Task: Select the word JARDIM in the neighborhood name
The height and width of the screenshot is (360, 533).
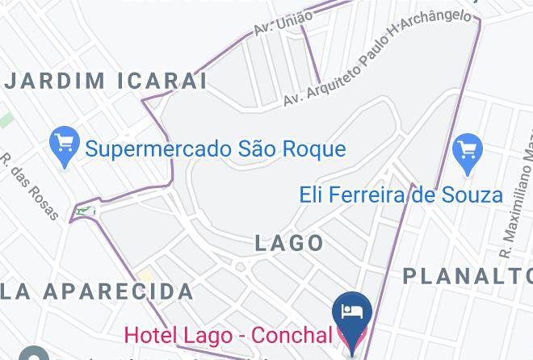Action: point(55,81)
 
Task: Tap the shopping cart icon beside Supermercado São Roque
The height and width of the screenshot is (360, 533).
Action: point(64,145)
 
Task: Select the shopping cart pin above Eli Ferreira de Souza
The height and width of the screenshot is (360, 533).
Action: point(468,152)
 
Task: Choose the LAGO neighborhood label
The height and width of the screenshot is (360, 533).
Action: point(289,243)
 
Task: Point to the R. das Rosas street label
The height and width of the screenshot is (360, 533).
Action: point(30,186)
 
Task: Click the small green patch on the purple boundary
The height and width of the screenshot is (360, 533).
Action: point(84,212)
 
